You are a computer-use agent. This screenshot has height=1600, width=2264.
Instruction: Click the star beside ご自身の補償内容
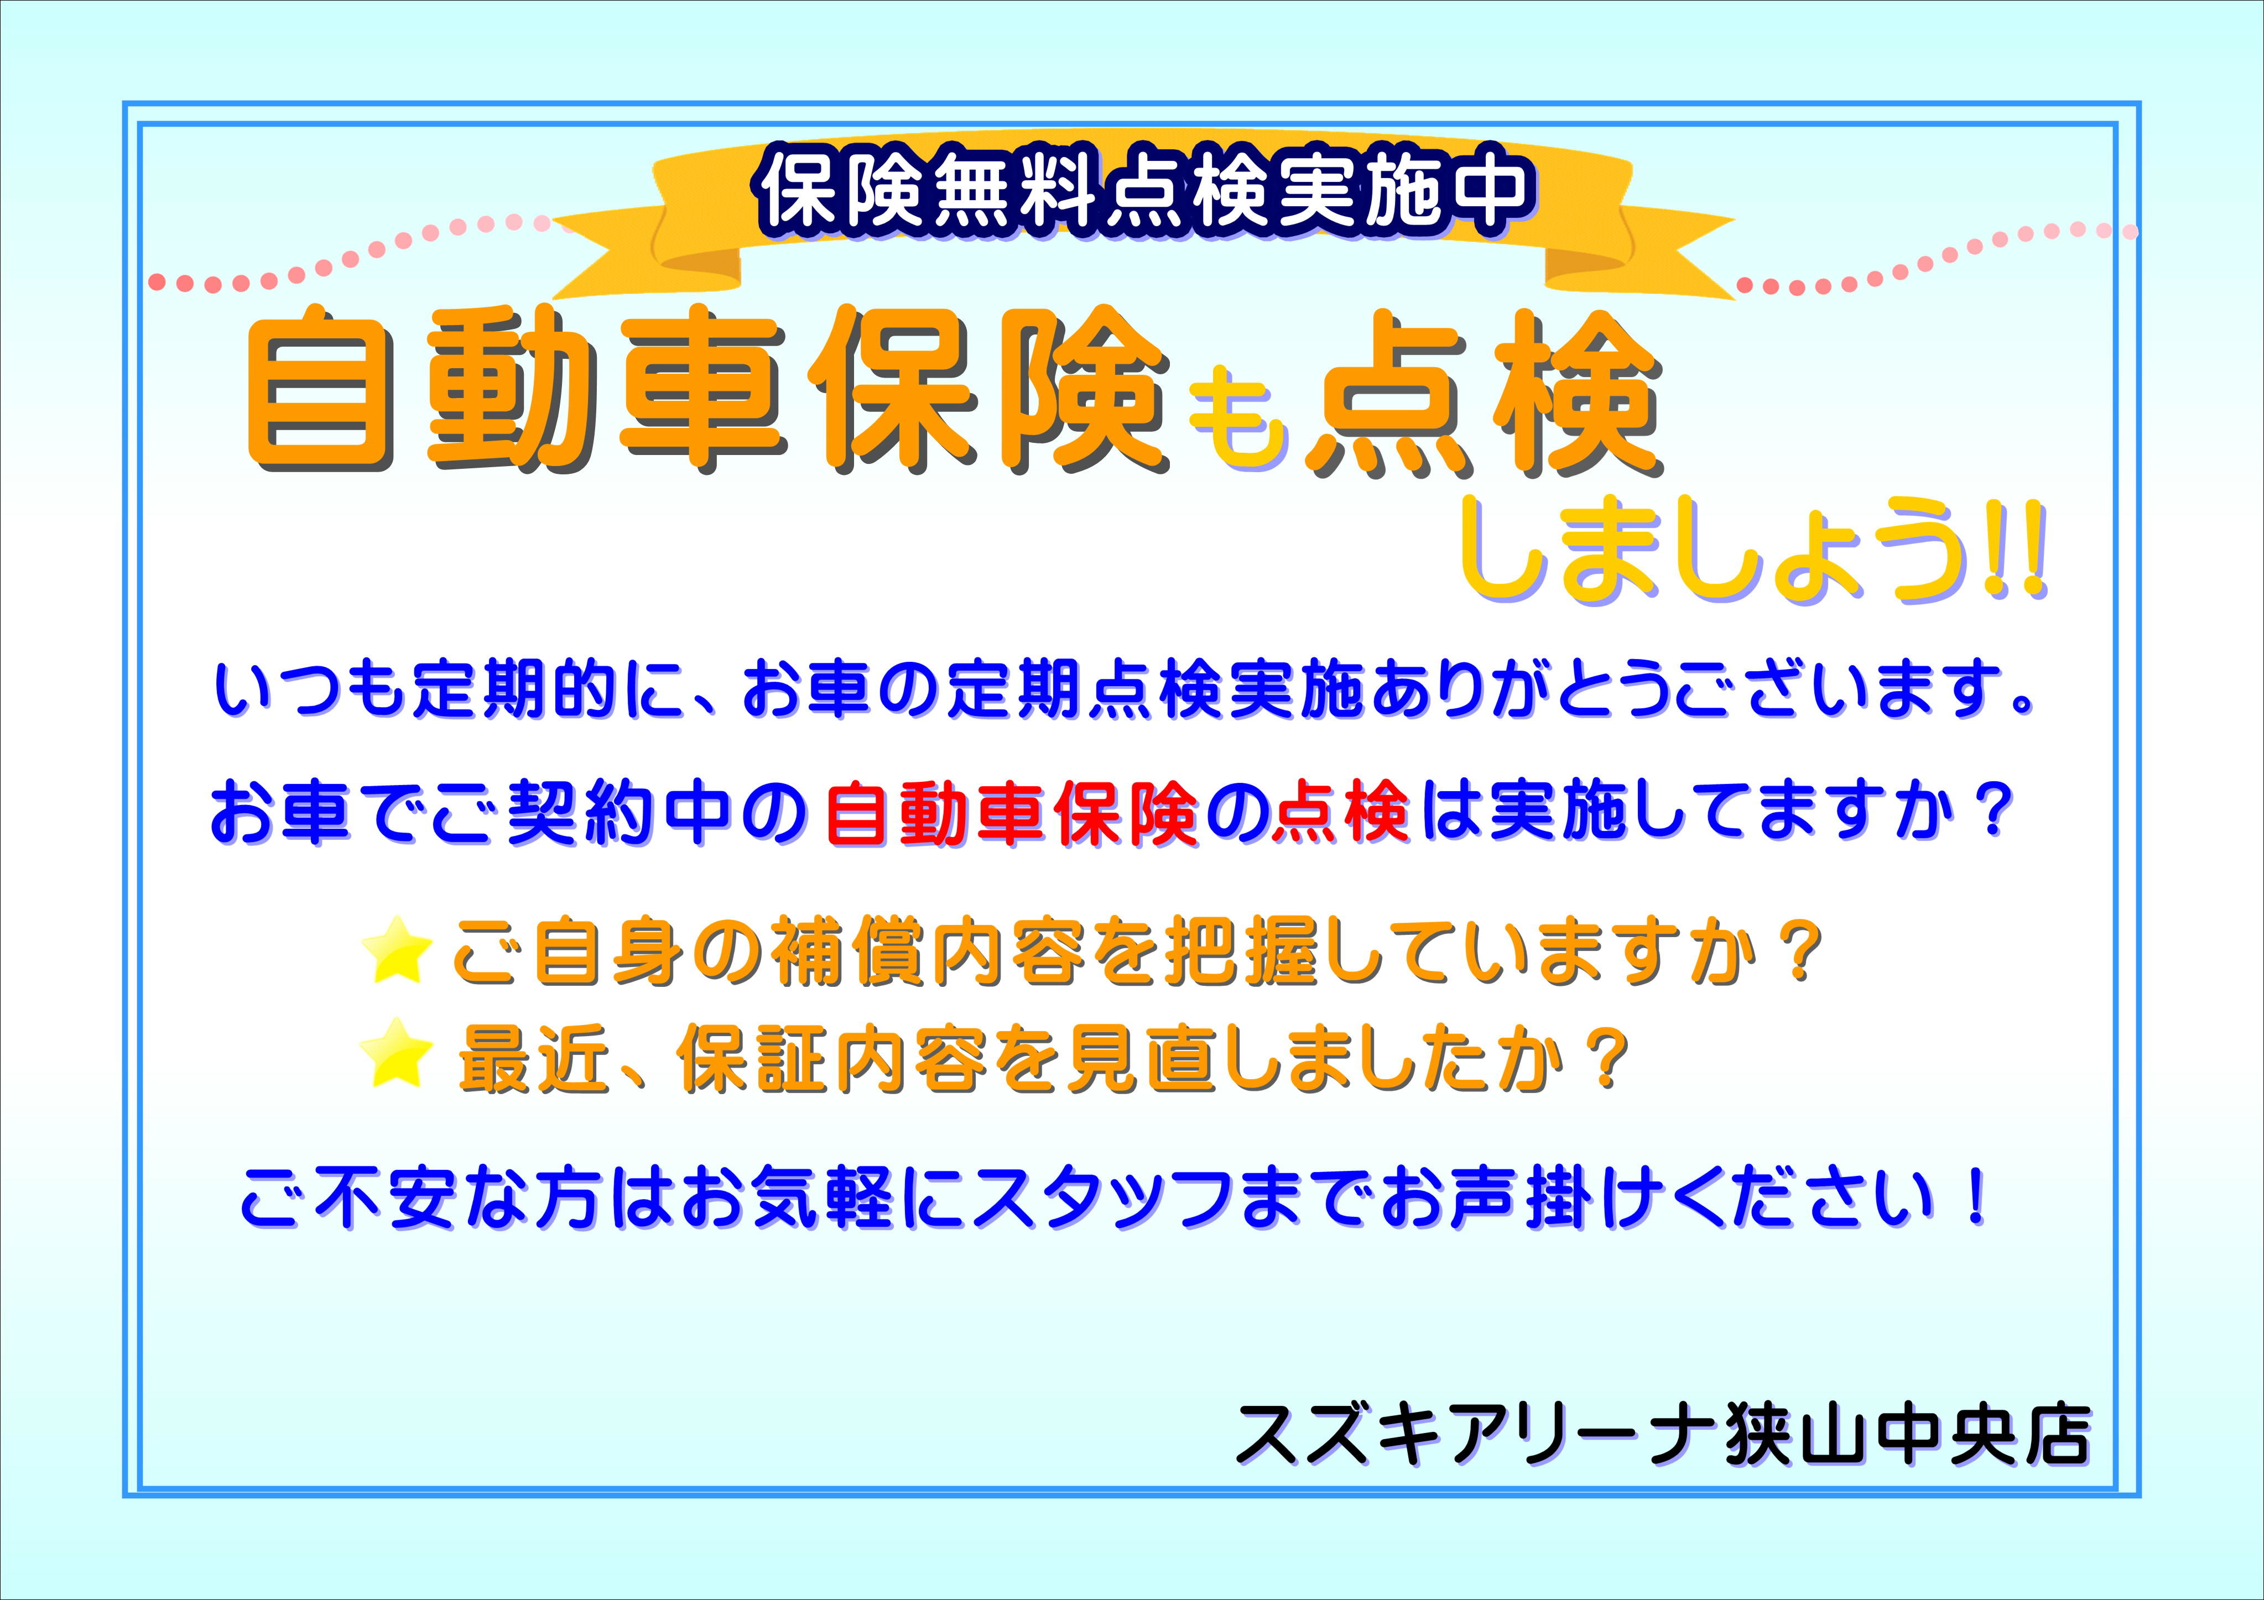tap(397, 949)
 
